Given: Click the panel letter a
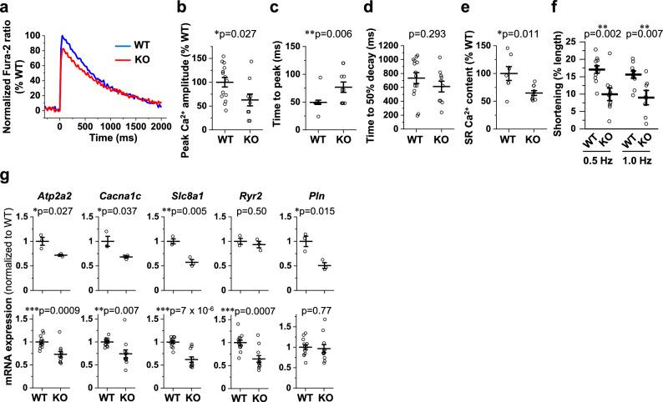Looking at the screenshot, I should tap(7, 8).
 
